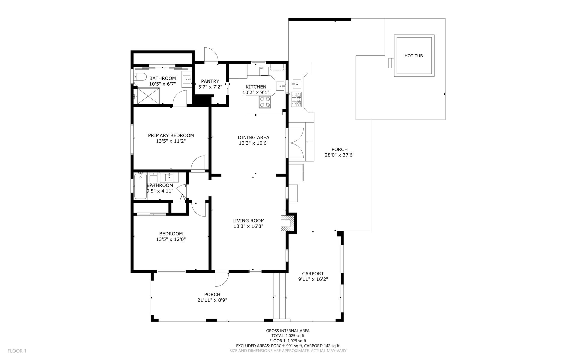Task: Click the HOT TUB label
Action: [x=413, y=56]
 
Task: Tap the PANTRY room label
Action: [x=210, y=81]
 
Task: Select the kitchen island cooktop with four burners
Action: [x=265, y=102]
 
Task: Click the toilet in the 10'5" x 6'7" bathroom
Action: [x=140, y=77]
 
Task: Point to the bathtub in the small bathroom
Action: [x=140, y=186]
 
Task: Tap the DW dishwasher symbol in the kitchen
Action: [x=264, y=71]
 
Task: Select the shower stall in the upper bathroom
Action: [x=146, y=96]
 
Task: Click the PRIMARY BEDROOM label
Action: [x=171, y=135]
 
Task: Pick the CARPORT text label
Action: [x=313, y=274]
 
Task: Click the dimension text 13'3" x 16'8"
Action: [x=248, y=226]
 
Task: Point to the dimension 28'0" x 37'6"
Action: [x=340, y=155]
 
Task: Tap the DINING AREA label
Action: [x=253, y=138]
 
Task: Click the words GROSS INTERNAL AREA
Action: [x=288, y=331]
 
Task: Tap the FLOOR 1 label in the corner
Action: [x=17, y=351]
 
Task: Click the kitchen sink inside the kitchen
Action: [x=280, y=86]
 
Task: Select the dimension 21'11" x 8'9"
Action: [x=212, y=300]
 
